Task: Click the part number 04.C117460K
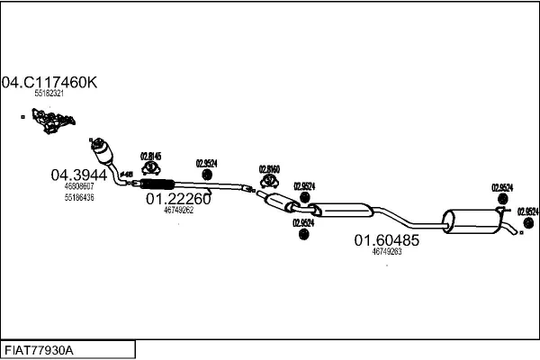click(49, 82)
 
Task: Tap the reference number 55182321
click(49, 94)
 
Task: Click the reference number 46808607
click(79, 186)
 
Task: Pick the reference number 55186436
click(79, 196)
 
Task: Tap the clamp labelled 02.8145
click(154, 169)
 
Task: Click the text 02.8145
click(153, 155)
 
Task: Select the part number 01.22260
click(178, 200)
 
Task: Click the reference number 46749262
click(178, 211)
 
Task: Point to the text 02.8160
click(270, 168)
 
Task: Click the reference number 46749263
click(386, 252)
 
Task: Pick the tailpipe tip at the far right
click(515, 233)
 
